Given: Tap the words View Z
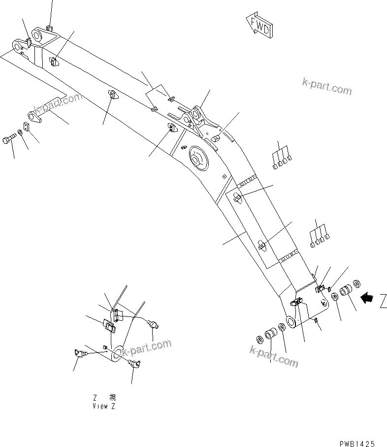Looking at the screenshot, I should [x=104, y=407].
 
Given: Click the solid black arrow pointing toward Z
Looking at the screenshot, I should [x=367, y=298].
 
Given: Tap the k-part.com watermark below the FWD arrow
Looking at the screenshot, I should [x=327, y=87].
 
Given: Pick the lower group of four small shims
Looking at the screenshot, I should [x=319, y=236].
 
